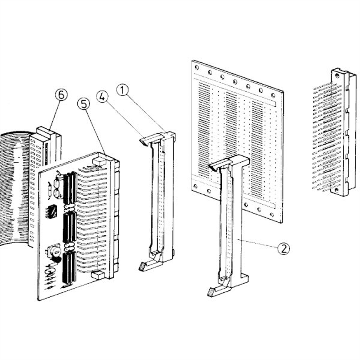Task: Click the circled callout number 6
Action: pyautogui.click(x=61, y=95)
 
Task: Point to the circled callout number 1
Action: pyautogui.click(x=122, y=90)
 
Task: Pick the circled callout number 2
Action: pyautogui.click(x=283, y=249)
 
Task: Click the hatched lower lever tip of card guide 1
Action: pyautogui.click(x=142, y=267)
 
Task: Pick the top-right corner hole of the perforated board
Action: pyautogui.click(x=273, y=95)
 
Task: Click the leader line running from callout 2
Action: pyautogui.click(x=258, y=244)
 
